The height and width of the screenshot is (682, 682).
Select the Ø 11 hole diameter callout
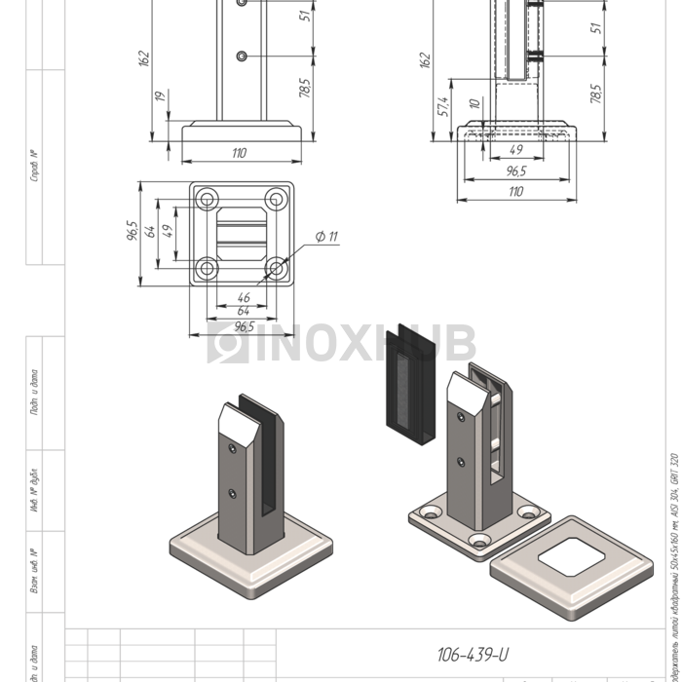(326, 237)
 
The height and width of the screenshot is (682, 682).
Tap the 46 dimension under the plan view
(243, 297)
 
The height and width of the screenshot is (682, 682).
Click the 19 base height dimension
(159, 98)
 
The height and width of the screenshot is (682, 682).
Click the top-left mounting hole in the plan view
(207, 200)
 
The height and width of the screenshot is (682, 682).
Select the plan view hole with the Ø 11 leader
(277, 268)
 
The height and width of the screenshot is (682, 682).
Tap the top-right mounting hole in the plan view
(277, 200)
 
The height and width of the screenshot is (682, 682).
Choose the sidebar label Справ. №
(34, 166)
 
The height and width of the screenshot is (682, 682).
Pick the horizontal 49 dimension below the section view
(516, 150)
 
